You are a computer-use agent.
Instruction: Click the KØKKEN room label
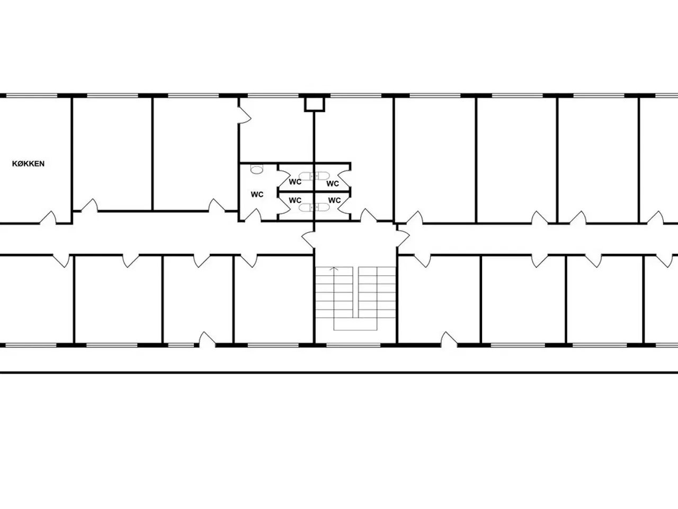coord(28,164)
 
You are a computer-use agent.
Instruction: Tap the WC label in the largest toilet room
coord(257,195)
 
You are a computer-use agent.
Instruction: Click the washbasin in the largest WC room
coord(256,169)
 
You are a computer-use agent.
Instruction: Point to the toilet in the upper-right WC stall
coord(322,176)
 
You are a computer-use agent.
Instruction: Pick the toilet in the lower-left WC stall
coord(306,207)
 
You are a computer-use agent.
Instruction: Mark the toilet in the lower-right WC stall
coord(322,207)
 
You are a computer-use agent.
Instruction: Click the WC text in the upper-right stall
coord(333,183)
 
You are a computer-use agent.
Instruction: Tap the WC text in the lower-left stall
coord(295,200)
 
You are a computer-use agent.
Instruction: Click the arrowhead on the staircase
coord(334,269)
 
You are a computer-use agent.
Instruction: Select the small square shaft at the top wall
coord(315,104)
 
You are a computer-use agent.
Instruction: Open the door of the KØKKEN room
coord(48,217)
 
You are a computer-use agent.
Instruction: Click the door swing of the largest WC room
coord(253,215)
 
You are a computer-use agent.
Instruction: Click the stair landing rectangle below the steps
coord(355,324)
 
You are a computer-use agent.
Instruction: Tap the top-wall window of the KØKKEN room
coord(32,96)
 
